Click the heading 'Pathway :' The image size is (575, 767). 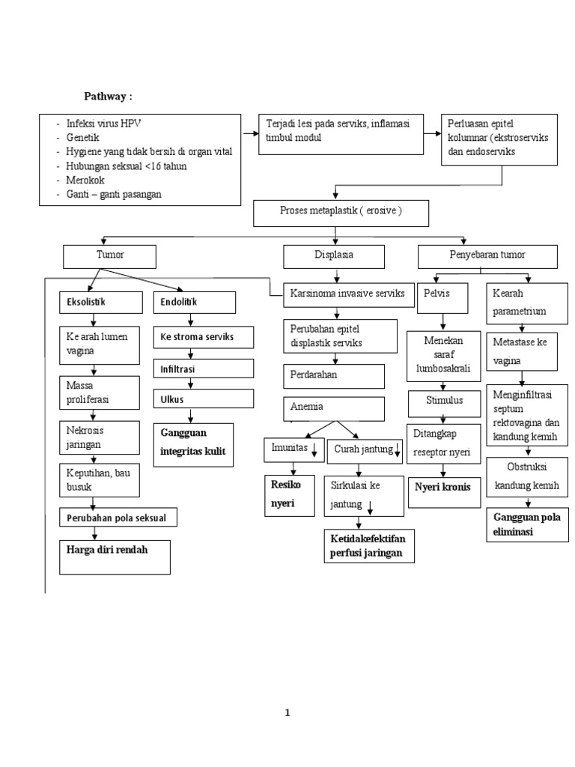coord(108,97)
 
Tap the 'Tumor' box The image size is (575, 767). coord(110,256)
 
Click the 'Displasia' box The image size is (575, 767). coord(334,256)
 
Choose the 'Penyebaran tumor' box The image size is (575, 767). coord(487,256)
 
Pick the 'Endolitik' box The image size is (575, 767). coord(194,303)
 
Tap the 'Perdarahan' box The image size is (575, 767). coord(334,375)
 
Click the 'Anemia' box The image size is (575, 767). coord(334,408)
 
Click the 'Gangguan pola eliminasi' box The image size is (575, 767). coord(526,525)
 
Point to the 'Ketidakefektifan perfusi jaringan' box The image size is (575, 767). coord(368,546)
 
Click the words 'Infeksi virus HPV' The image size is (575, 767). coord(103,124)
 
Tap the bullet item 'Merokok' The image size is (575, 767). coord(88,181)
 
